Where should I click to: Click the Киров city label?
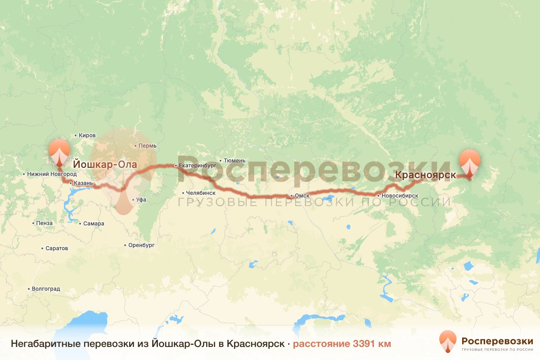click(87, 135)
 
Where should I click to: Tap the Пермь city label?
click(148, 146)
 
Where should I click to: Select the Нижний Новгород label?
click(52, 174)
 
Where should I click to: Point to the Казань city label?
click(83, 183)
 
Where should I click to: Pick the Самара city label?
click(94, 223)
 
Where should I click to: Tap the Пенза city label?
click(45, 223)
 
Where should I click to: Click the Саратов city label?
click(57, 248)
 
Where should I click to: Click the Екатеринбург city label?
click(198, 166)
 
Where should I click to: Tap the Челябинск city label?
click(200, 193)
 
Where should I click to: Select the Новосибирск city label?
click(400, 196)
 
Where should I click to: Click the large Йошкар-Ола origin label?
click(105, 165)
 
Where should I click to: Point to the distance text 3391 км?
click(342, 344)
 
